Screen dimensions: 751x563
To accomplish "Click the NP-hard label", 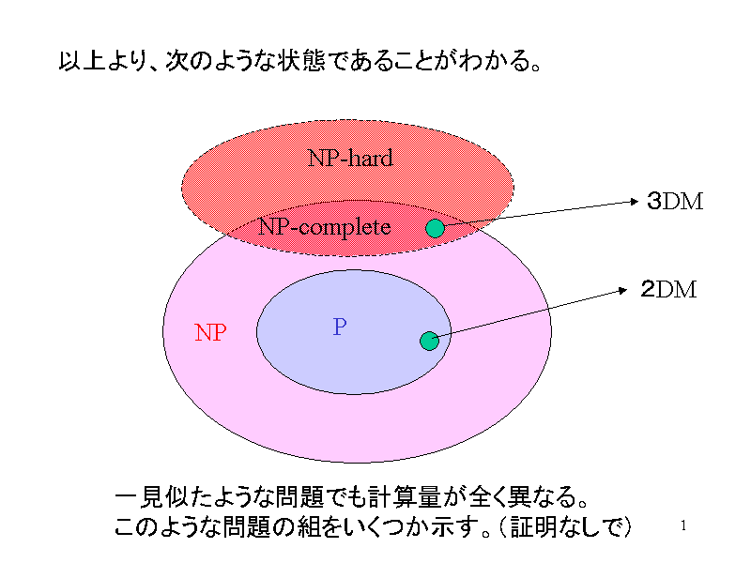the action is click(350, 158).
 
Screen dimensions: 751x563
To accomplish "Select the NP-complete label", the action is click(324, 227).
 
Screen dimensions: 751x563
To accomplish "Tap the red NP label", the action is click(210, 332).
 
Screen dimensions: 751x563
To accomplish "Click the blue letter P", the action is click(340, 327).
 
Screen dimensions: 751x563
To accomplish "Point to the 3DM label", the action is click(675, 201).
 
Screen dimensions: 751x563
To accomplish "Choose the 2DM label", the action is click(668, 290).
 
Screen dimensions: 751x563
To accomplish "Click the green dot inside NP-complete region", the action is click(435, 228).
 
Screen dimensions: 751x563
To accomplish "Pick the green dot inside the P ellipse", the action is click(429, 341).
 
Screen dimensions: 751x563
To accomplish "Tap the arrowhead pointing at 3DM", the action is click(635, 202).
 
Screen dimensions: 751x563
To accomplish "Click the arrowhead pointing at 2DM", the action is click(622, 290).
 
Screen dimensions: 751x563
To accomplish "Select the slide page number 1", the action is click(683, 525).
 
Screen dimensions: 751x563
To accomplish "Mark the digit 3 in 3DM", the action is click(653, 201).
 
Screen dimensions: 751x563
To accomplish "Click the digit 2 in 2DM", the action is click(648, 290).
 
